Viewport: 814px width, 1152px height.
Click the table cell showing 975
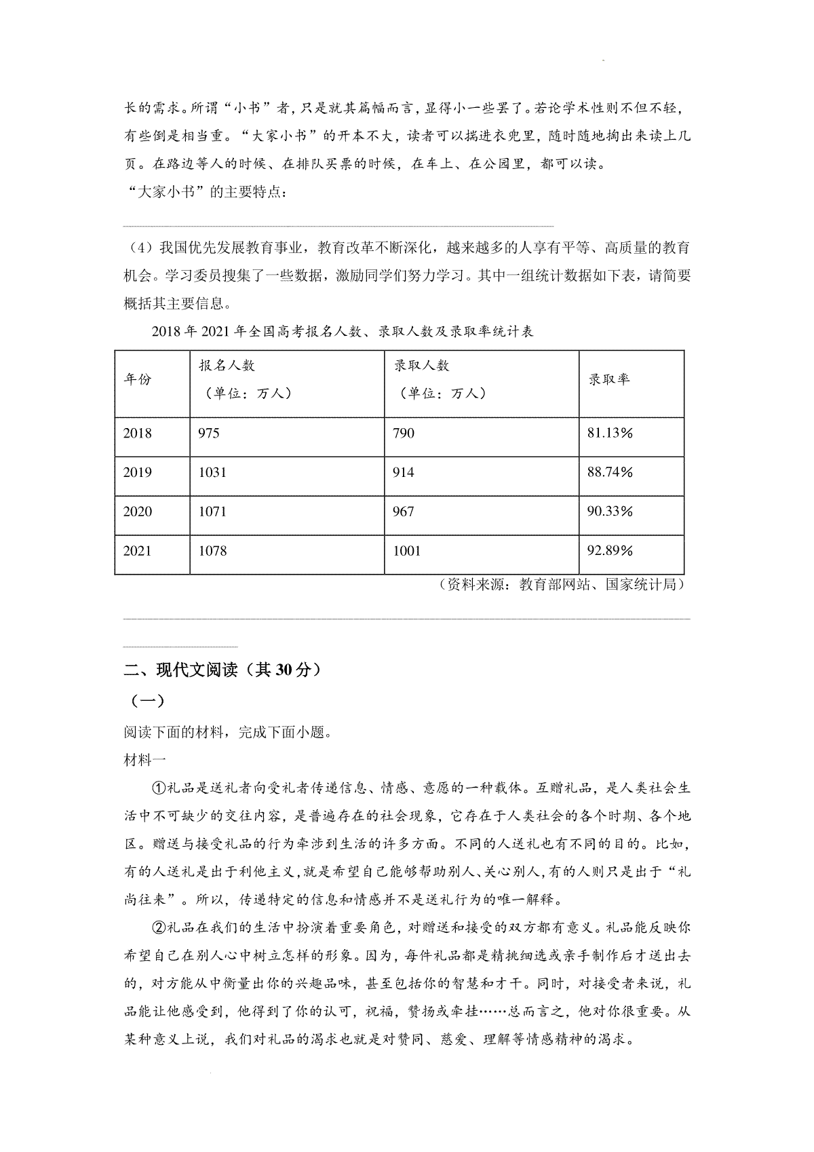coord(209,434)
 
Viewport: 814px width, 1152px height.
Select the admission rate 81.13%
coord(609,434)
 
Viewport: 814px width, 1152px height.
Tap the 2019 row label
coord(138,473)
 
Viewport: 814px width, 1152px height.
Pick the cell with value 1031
coord(212,473)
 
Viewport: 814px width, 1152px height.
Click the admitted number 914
coord(404,473)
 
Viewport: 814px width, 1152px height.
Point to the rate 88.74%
coord(609,473)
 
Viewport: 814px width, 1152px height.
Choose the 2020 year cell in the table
coord(138,512)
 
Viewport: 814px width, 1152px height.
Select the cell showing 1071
coord(212,512)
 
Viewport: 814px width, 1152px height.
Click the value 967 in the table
coord(404,512)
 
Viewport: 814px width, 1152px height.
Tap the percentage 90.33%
coord(609,512)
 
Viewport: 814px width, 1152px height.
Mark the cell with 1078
coord(212,551)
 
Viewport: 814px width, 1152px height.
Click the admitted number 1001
coord(407,551)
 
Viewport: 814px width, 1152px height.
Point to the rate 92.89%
coord(609,551)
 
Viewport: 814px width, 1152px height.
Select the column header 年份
coord(138,379)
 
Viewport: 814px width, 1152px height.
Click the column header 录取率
coord(608,379)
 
